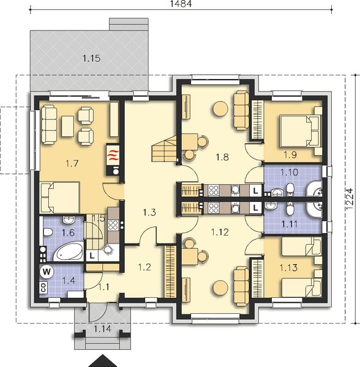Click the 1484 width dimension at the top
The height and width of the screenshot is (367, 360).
181,4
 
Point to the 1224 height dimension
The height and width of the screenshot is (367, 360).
350,198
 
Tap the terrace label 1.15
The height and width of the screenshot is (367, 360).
92,58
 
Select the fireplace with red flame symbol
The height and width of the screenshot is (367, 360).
113,155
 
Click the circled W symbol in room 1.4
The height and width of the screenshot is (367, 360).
47,272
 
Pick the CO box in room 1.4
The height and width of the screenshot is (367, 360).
43,287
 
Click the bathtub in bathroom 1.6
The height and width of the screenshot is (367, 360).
68,252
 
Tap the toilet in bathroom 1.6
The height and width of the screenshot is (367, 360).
48,232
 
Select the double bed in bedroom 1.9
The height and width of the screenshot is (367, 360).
299,131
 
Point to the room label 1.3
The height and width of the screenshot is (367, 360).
149,212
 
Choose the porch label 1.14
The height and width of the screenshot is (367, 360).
103,329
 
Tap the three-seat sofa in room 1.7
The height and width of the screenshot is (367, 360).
49,125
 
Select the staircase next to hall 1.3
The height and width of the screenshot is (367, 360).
164,149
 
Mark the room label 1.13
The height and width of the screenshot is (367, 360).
288,267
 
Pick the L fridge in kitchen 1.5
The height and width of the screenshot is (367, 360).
92,256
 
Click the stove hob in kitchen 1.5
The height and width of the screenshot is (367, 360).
113,225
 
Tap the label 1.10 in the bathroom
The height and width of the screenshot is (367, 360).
290,172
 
